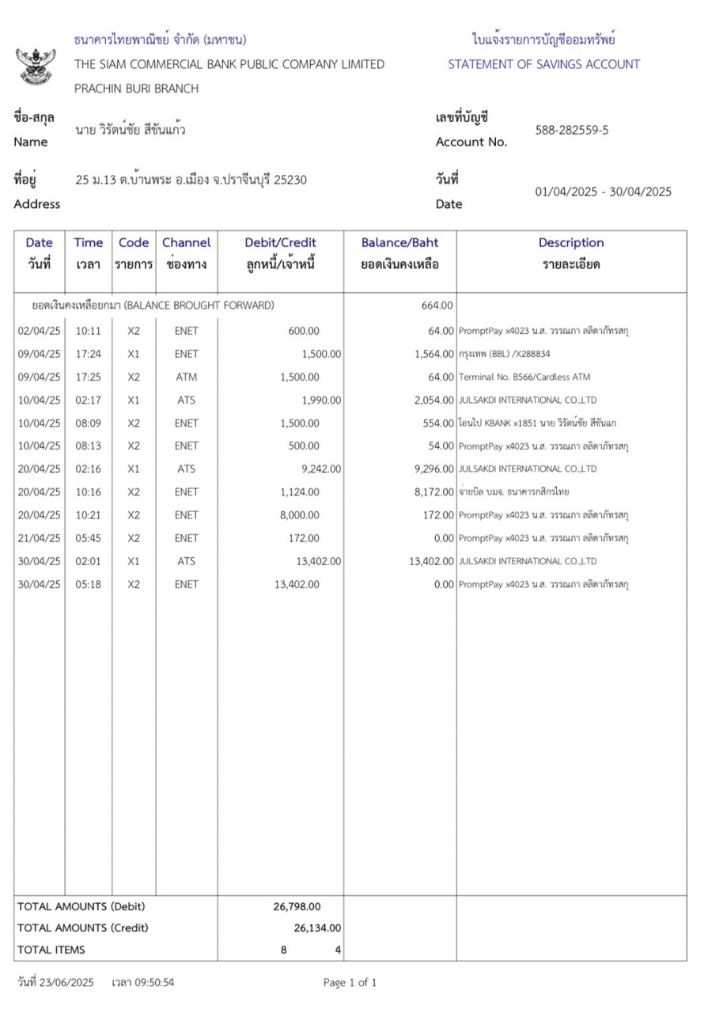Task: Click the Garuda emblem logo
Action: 36,65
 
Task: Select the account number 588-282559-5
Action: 572,131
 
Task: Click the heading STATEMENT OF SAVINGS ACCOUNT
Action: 543,64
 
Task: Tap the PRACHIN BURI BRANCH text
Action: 136,89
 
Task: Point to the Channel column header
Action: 186,243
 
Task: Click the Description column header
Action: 571,243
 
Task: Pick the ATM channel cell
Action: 187,377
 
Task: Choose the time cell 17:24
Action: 88,354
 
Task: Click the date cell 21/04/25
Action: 39,538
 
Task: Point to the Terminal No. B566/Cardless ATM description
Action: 524,377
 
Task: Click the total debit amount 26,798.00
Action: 297,907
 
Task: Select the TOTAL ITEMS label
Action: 51,949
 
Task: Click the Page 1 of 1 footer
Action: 350,983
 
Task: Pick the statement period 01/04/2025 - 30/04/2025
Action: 603,192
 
